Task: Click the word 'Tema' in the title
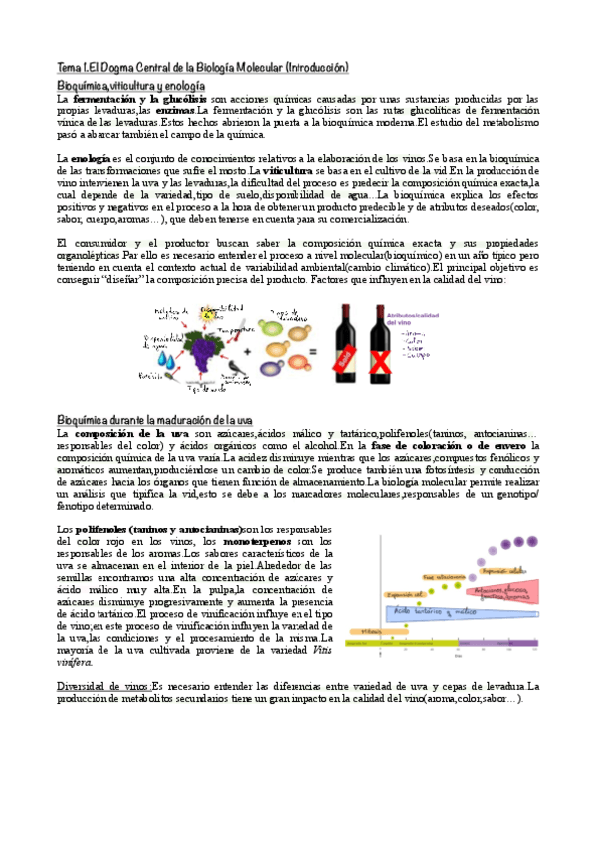click(x=68, y=68)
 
